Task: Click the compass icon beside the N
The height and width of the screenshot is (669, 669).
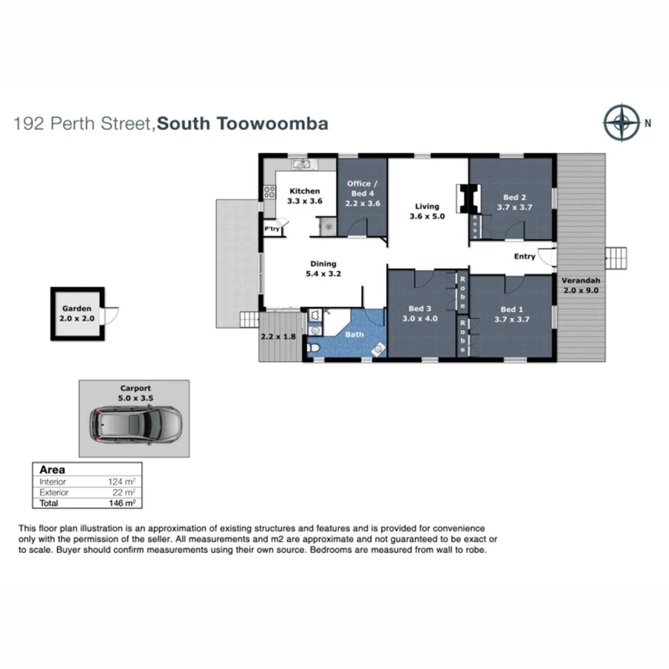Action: [621, 123]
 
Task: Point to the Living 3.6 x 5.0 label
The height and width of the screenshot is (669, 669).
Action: [427, 212]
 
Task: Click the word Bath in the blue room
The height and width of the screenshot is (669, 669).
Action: [355, 334]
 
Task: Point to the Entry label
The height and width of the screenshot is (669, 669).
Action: [525, 257]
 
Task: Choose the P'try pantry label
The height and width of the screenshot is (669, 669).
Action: [272, 229]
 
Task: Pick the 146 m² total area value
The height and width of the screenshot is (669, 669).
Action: [123, 503]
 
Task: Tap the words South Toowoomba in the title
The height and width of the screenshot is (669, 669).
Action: [243, 123]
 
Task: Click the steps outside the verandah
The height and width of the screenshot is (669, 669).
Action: [617, 258]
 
